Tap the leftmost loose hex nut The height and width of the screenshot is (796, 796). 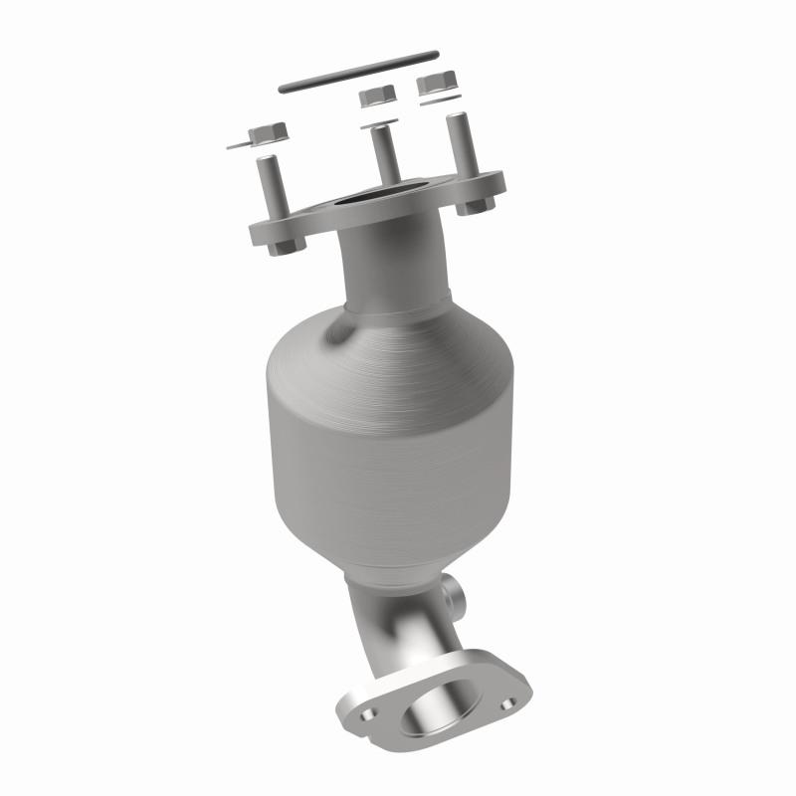(x=265, y=132)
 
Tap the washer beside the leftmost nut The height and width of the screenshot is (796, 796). (x=239, y=145)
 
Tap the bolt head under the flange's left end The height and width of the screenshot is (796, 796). (x=280, y=243)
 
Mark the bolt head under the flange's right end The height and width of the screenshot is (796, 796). (x=477, y=207)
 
